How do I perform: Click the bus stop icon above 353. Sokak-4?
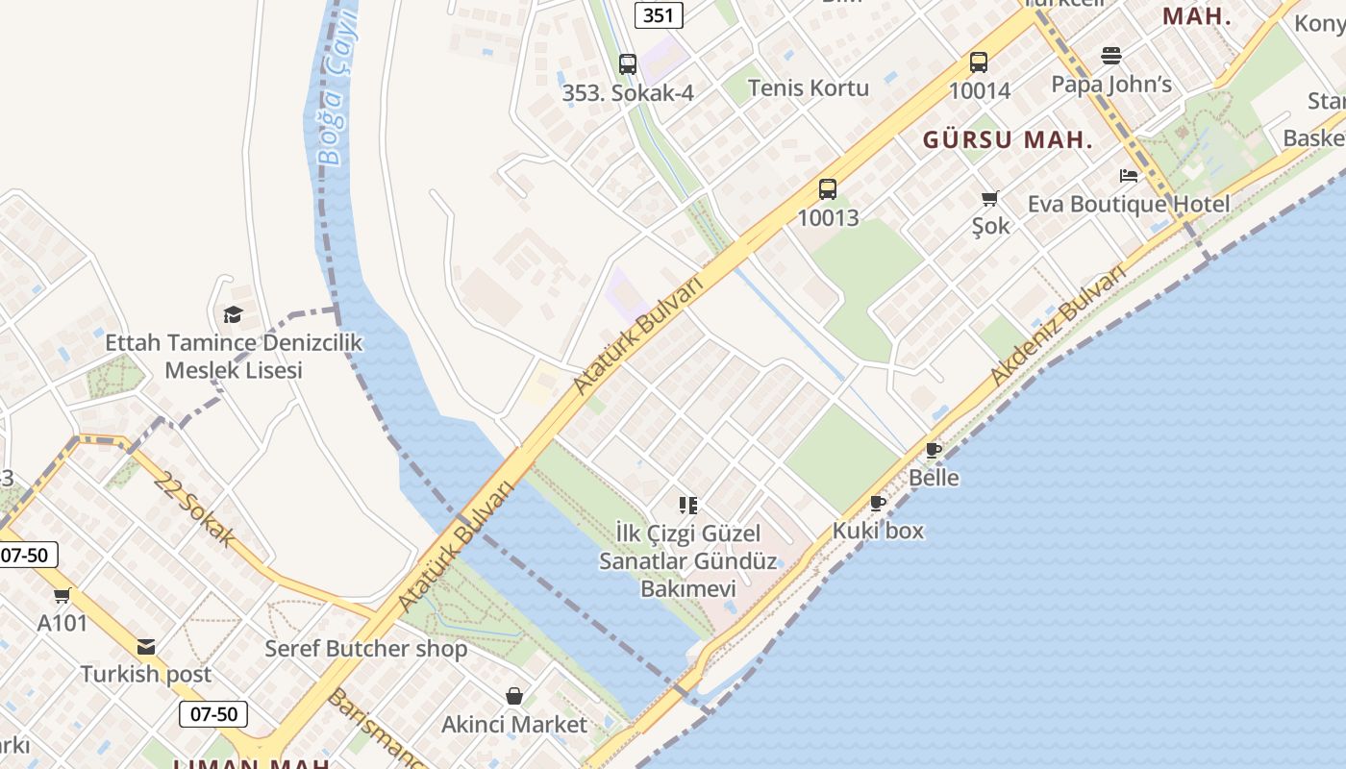click(628, 64)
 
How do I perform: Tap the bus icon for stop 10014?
click(979, 62)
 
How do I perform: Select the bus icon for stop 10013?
click(828, 189)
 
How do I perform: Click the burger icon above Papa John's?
click(1111, 56)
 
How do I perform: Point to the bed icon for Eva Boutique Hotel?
click(1129, 176)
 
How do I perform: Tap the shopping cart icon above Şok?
click(990, 198)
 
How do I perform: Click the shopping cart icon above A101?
click(62, 595)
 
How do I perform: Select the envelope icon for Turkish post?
click(146, 647)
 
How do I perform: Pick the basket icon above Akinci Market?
click(514, 696)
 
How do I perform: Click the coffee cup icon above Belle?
click(934, 450)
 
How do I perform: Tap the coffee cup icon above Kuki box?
click(878, 503)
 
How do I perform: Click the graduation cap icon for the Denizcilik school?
click(233, 314)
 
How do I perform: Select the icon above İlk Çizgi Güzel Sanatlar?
click(687, 505)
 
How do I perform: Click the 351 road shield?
click(659, 14)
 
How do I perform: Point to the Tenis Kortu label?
click(808, 88)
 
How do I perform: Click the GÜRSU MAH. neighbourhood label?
click(1008, 140)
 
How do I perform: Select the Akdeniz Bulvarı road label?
click(1058, 325)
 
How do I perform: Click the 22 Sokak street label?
click(193, 509)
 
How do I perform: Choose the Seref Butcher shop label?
click(366, 649)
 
